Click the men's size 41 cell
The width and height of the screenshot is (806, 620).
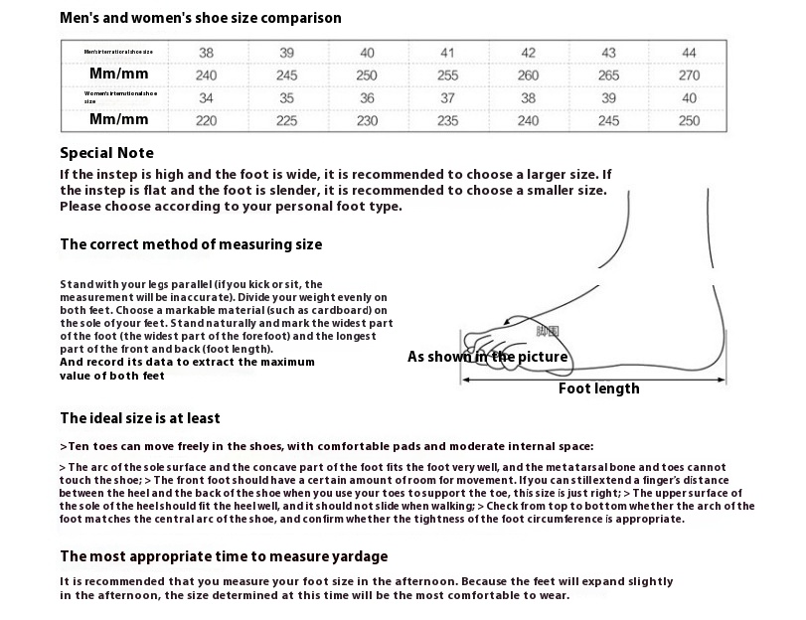click(x=447, y=53)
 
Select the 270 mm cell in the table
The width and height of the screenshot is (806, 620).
click(x=689, y=76)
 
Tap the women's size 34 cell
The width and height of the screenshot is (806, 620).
click(x=206, y=98)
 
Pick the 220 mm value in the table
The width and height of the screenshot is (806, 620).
click(x=206, y=121)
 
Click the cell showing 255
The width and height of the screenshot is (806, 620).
click(x=447, y=76)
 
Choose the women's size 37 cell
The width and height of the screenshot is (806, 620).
click(x=447, y=98)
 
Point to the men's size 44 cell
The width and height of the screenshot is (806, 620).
click(x=689, y=53)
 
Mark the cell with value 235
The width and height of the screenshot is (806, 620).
click(x=447, y=121)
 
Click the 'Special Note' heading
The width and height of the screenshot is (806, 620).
click(x=107, y=153)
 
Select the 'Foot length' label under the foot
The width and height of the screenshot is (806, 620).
click(x=598, y=388)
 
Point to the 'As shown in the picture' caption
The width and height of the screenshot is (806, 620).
click(x=488, y=357)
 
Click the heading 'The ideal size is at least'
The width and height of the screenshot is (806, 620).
click(x=140, y=418)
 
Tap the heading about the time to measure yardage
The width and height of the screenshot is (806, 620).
click(x=224, y=556)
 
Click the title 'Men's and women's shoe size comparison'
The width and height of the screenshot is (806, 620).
click(x=201, y=18)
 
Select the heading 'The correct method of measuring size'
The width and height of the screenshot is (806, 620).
click(x=191, y=244)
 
